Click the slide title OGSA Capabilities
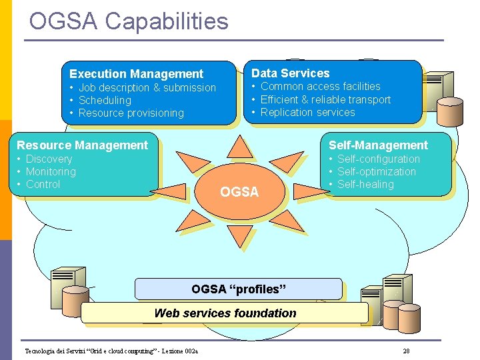coord(129,21)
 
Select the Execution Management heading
coord(136,74)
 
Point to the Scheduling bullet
coord(105,100)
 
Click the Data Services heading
coord(290,73)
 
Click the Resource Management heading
coord(82,145)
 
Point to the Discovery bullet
coord(49,159)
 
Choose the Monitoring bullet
coord(51,171)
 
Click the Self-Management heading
coord(378,145)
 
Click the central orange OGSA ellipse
coord(239,192)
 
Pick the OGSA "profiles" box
coord(238,289)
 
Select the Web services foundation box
coord(225,313)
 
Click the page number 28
coord(406,351)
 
